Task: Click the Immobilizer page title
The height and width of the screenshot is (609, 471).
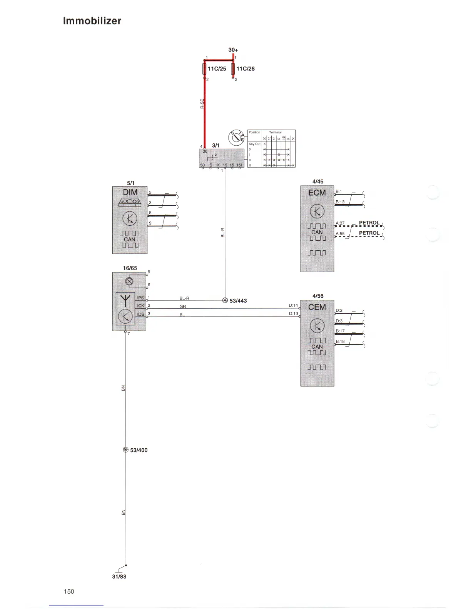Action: (92, 21)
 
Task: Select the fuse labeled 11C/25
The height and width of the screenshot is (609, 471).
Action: (205, 69)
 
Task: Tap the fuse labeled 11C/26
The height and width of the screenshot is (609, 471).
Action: (233, 69)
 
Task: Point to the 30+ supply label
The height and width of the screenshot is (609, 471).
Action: (233, 50)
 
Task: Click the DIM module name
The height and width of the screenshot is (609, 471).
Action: (130, 192)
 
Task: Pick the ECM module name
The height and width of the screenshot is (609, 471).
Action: (317, 193)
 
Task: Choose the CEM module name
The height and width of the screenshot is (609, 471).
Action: (317, 307)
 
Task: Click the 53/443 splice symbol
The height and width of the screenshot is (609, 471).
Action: (225, 300)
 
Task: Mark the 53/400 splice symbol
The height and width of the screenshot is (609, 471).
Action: (125, 450)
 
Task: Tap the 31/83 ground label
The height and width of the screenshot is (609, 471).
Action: (119, 577)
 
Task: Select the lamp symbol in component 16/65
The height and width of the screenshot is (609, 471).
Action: (129, 281)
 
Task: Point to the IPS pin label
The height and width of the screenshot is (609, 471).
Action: (140, 298)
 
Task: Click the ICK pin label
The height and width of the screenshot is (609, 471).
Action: (141, 306)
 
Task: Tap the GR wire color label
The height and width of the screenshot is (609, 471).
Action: (183, 306)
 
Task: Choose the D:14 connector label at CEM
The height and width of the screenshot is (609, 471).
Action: (293, 305)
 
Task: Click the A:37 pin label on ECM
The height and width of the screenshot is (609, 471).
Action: (340, 223)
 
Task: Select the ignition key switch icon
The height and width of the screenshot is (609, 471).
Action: (236, 137)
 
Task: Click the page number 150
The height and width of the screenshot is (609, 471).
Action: (69, 591)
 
